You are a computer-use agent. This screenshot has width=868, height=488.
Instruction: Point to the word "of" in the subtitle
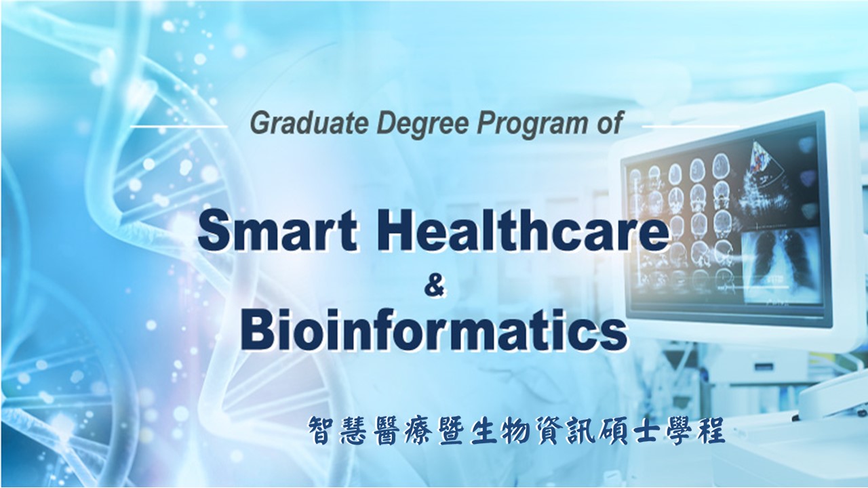tap(609, 123)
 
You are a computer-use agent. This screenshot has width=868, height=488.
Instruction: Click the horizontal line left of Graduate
tap(178, 126)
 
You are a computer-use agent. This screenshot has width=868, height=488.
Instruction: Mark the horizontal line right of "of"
tap(690, 126)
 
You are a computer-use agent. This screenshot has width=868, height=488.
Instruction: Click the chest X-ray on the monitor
tap(781, 264)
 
